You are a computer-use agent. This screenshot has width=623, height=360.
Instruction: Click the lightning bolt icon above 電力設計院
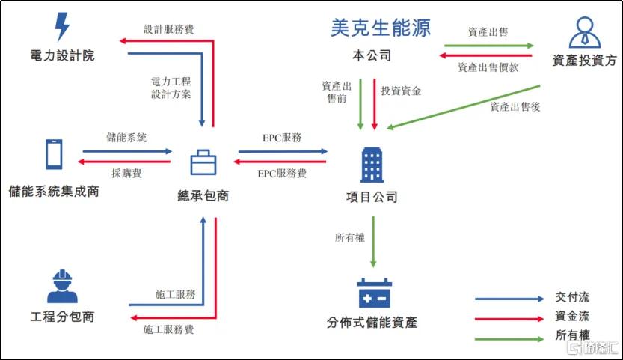[62, 27]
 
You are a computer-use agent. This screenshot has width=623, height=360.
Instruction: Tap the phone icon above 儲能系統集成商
[54, 154]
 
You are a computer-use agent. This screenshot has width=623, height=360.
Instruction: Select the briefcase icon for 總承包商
[203, 162]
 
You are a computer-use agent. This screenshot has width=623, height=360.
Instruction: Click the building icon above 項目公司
[372, 165]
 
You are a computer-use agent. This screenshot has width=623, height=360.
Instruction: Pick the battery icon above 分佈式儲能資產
[374, 293]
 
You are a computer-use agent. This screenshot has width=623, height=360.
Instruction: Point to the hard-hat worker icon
[62, 287]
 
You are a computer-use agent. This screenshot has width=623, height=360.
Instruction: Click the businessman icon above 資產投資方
[585, 32]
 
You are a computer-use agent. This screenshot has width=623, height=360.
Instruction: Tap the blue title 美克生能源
[381, 28]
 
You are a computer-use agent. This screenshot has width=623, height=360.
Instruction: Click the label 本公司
[372, 55]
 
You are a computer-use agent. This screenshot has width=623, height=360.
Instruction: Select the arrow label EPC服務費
[282, 174]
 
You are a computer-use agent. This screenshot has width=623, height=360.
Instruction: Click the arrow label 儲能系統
[126, 138]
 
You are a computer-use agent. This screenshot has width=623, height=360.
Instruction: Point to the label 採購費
[126, 173]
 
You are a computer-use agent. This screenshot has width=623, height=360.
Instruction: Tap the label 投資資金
[401, 91]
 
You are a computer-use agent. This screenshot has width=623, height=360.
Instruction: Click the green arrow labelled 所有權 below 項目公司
[373, 242]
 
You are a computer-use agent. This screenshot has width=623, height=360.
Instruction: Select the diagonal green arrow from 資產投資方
[463, 107]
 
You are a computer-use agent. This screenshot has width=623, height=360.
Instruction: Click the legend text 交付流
[572, 296]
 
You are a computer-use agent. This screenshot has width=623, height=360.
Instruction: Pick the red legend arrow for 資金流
[509, 319]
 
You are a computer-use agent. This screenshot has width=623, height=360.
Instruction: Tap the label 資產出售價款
[488, 67]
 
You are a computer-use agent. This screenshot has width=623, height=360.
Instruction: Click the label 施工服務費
[168, 329]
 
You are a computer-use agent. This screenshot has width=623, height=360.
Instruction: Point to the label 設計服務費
[168, 29]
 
